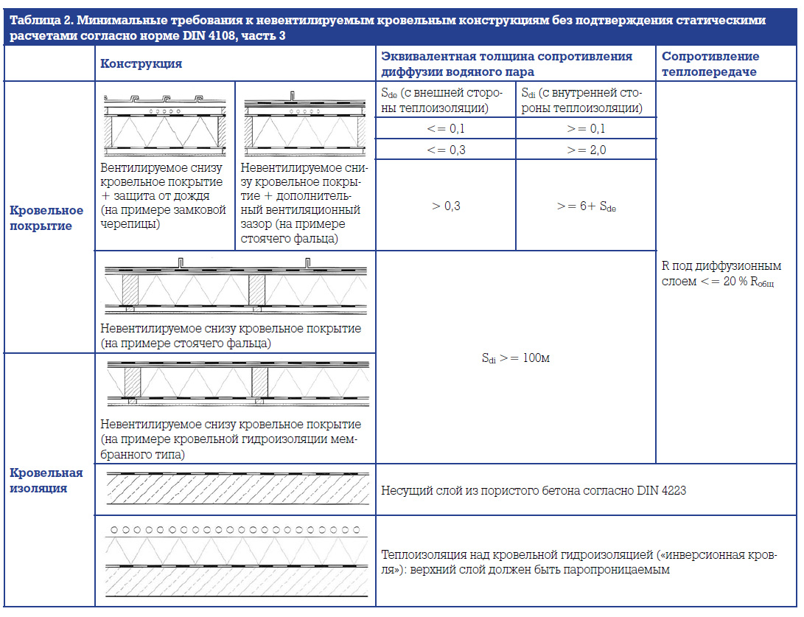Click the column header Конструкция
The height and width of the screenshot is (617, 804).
[141, 63]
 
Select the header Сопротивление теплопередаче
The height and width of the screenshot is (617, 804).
[710, 63]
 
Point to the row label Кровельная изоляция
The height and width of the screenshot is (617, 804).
[46, 480]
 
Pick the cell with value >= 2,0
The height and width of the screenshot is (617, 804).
[586, 150]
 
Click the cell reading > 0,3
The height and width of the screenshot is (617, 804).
[445, 206]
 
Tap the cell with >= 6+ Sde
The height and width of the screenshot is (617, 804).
[586, 206]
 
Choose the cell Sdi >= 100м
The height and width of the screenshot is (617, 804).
[516, 358]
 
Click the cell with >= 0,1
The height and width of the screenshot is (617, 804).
[586, 128]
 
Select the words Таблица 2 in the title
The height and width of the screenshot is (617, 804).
[37, 18]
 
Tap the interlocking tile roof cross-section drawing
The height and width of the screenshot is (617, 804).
[164, 122]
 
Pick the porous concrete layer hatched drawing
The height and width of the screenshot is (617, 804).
[235, 488]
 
